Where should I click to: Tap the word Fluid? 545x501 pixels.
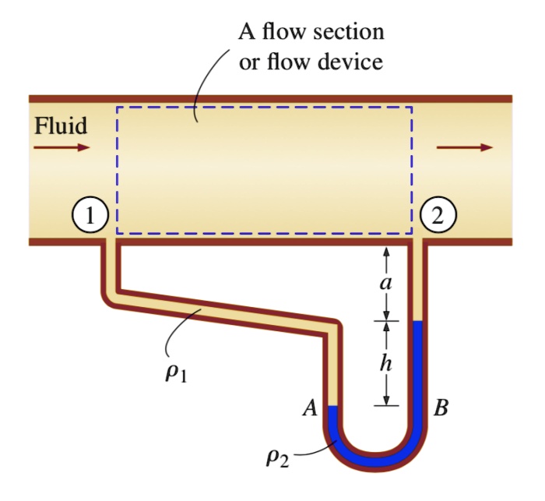tap(60, 125)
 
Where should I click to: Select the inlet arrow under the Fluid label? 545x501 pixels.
tap(62, 146)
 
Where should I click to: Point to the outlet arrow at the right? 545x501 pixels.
tap(464, 146)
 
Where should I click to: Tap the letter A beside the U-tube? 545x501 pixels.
tap(310, 408)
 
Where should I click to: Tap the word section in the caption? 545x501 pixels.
tap(347, 33)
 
